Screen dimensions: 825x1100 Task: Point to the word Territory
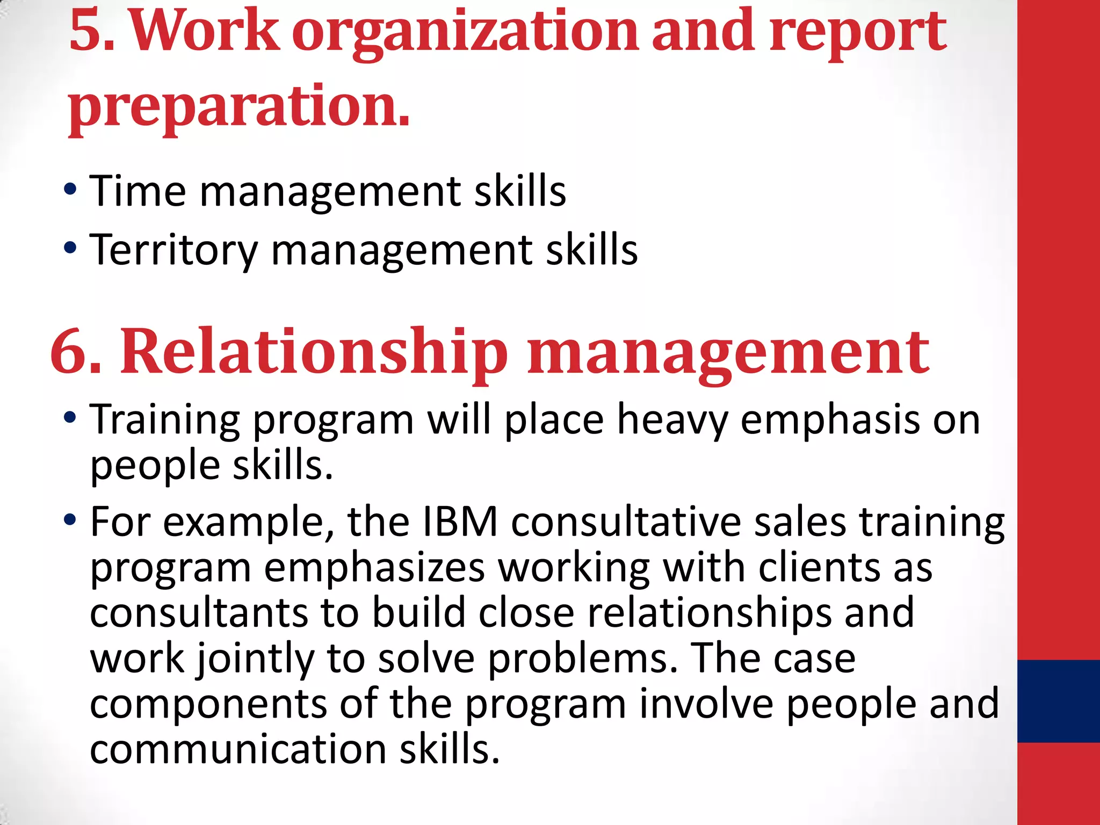point(173,250)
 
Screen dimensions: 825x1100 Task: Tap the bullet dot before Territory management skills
point(70,248)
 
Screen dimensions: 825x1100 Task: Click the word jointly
point(256,660)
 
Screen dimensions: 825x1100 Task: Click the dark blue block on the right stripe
point(1058,701)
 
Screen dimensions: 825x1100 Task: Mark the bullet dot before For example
point(70,519)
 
